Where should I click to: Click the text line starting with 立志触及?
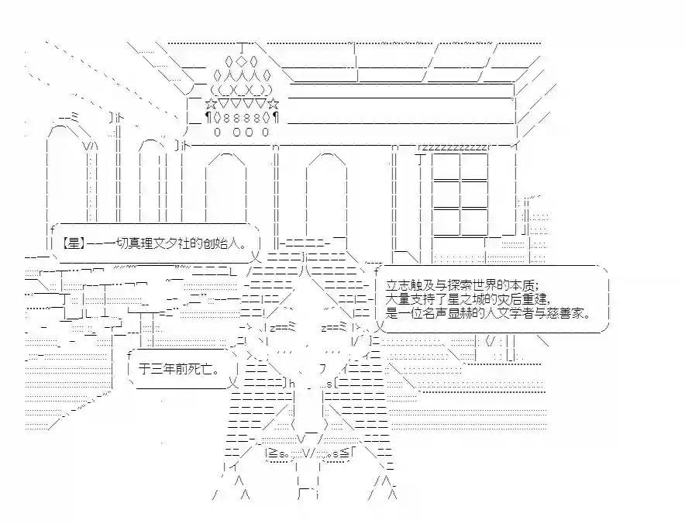point(462,286)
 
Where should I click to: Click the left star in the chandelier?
point(211,105)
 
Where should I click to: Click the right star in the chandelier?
point(274,105)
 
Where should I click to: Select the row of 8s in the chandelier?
point(241,118)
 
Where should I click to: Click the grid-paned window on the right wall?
point(460,194)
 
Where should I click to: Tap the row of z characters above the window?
point(454,147)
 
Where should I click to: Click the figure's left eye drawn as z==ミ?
point(283,327)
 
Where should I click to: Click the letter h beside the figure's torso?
point(292,384)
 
